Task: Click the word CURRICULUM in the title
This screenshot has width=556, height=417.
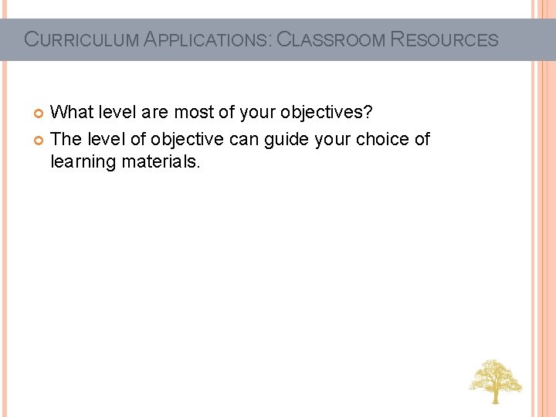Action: pos(82,39)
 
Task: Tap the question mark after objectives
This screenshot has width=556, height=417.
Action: pos(368,113)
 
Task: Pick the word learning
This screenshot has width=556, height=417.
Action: pos(83,163)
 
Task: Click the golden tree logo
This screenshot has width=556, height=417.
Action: pos(495,381)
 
